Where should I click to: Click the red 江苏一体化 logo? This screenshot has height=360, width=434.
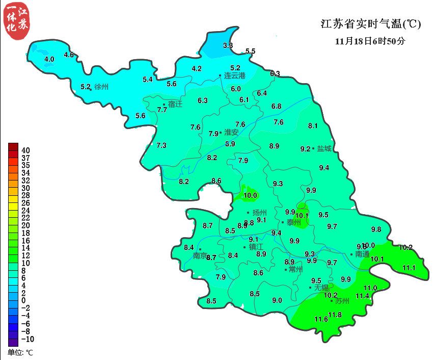pyautogui.click(x=15, y=20)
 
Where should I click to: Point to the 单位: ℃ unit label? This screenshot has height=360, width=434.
pyautogui.click(x=20, y=352)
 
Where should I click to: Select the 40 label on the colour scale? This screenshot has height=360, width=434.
pyautogui.click(x=25, y=150)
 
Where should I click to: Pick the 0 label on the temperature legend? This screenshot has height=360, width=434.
pyautogui.click(x=23, y=300)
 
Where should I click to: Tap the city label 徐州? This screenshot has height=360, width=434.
pyautogui.click(x=101, y=87)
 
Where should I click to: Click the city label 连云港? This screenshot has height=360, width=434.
pyautogui.click(x=235, y=76)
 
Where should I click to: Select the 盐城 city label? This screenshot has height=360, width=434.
pyautogui.click(x=324, y=149)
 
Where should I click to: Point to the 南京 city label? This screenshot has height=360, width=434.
pyautogui.click(x=200, y=255)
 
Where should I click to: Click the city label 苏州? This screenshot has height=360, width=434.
pyautogui.click(x=342, y=301)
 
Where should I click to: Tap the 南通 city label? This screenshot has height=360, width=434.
pyautogui.click(x=362, y=254)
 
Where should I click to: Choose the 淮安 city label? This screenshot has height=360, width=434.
pyautogui.click(x=231, y=132)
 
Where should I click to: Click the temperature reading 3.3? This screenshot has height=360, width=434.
pyautogui.click(x=228, y=46)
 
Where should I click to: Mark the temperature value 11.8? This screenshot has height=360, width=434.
pyautogui.click(x=335, y=315)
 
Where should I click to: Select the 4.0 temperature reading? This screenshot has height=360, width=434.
pyautogui.click(x=49, y=60)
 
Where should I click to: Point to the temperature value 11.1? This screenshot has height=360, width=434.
pyautogui.click(x=409, y=268)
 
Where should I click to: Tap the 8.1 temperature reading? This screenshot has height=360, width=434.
pyautogui.click(x=313, y=126)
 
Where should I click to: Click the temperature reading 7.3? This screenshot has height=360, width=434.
pyautogui.click(x=161, y=145)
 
